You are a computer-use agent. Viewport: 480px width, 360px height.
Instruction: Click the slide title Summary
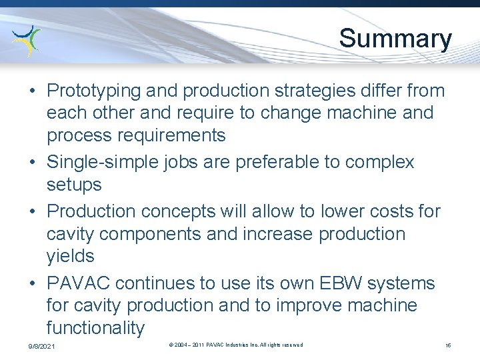395,39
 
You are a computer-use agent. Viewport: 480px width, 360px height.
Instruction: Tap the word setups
74,184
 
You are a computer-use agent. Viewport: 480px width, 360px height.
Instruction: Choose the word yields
70,256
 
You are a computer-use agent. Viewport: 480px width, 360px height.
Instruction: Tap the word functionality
95,328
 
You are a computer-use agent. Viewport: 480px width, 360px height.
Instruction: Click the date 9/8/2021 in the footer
41,347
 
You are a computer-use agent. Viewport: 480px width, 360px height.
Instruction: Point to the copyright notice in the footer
236,345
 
